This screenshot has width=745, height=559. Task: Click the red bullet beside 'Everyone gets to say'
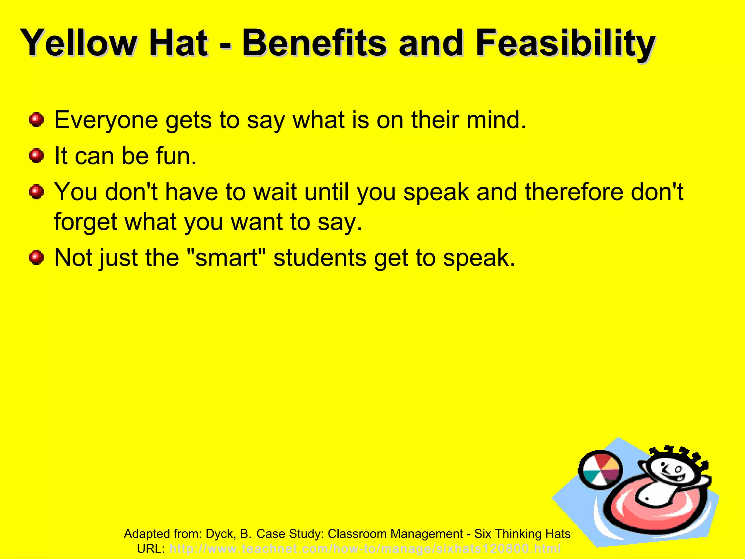coord(36,120)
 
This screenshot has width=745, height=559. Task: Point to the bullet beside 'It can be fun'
coord(36,156)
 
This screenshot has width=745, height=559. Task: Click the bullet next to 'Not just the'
coord(36,258)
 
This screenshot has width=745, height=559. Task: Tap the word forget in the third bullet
coord(86,222)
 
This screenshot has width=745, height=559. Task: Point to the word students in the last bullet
coord(320,258)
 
